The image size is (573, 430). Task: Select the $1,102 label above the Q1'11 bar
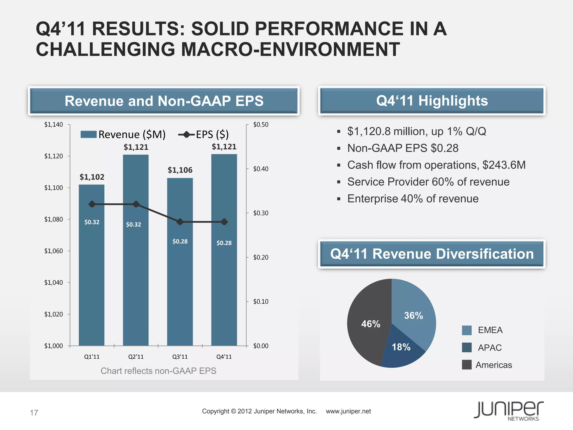(x=92, y=177)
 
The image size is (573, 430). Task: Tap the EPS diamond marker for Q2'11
(x=136, y=204)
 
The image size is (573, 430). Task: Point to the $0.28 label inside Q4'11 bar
(x=224, y=243)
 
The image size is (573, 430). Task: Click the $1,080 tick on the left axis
(x=53, y=219)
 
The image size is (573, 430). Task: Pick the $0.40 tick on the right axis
(x=260, y=169)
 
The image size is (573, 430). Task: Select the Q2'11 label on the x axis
(x=136, y=357)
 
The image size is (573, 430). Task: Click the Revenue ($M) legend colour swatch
(x=88, y=134)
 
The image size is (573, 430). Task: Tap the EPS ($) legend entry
(x=204, y=135)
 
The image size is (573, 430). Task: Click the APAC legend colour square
(x=467, y=347)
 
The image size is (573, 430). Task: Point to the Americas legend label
(x=494, y=365)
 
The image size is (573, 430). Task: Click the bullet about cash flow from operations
(x=436, y=165)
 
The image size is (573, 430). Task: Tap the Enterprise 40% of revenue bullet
(x=413, y=199)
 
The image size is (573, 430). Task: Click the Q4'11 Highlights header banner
(x=432, y=101)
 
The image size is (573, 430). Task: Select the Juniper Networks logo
(x=509, y=411)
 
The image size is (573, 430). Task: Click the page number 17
(x=34, y=413)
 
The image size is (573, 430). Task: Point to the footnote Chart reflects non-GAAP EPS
(x=158, y=371)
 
